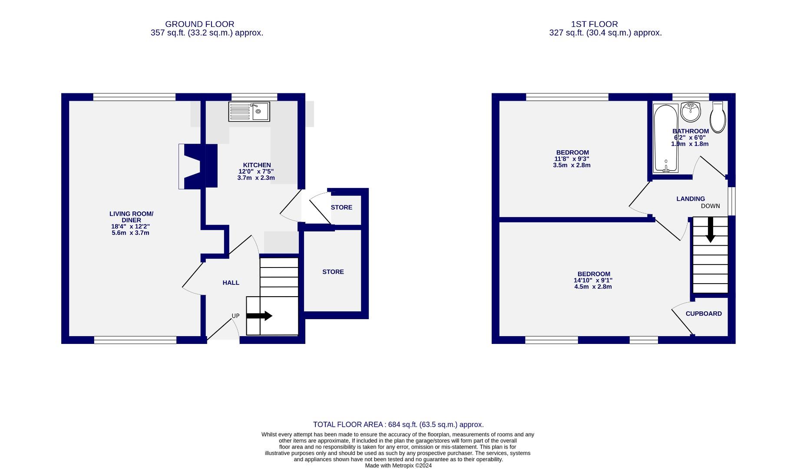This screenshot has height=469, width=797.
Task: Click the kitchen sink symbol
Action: (x=249, y=112)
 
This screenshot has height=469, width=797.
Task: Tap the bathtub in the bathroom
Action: (x=665, y=138)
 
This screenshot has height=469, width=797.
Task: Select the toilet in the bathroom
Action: (x=718, y=117)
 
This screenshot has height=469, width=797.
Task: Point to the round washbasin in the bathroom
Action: (x=690, y=112)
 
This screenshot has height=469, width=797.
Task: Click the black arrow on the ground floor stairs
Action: (x=259, y=316)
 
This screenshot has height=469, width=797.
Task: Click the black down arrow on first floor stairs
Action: (x=710, y=229)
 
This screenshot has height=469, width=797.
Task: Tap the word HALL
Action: (x=231, y=283)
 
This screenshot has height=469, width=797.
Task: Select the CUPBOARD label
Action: (x=703, y=314)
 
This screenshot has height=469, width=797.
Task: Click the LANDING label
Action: (x=690, y=199)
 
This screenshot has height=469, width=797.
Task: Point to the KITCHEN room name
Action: (x=257, y=165)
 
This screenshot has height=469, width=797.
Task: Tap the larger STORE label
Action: (x=333, y=272)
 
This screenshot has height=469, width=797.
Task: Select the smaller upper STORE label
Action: (x=341, y=208)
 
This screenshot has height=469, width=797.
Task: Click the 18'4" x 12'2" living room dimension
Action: (x=131, y=227)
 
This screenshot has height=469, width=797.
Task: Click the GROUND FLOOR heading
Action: (x=199, y=24)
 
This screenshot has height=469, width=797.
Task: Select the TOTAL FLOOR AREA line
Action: (x=398, y=425)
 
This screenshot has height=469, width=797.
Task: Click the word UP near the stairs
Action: (x=235, y=316)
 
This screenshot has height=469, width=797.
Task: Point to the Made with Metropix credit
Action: (x=398, y=466)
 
